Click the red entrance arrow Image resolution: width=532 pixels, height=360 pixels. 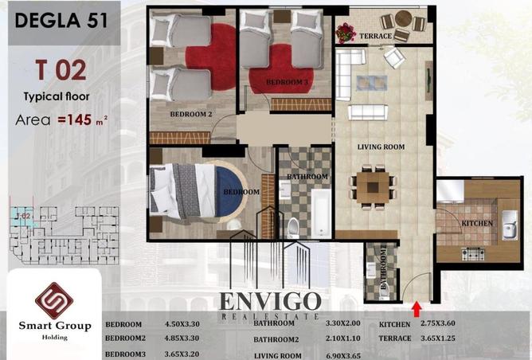[417, 306]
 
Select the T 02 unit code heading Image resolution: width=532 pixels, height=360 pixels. [61, 70]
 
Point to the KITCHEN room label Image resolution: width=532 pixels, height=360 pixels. [477, 222]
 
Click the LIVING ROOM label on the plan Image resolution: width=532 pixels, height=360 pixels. [381, 147]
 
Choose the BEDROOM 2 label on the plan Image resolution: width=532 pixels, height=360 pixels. [190, 114]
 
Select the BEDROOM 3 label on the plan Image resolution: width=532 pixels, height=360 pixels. [287, 82]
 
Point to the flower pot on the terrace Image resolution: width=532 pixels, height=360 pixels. [346, 33]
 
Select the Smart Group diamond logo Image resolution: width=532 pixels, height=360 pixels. [54, 301]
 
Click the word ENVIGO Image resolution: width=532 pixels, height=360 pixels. [271, 303]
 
